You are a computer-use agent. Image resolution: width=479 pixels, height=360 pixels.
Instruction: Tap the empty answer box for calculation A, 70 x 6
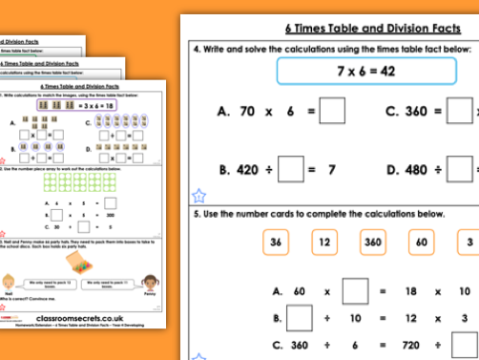click(332, 113)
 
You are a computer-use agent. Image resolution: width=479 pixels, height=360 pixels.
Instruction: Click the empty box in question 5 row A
click(356, 287)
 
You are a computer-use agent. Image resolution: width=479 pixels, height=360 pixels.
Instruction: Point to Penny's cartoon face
click(150, 282)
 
